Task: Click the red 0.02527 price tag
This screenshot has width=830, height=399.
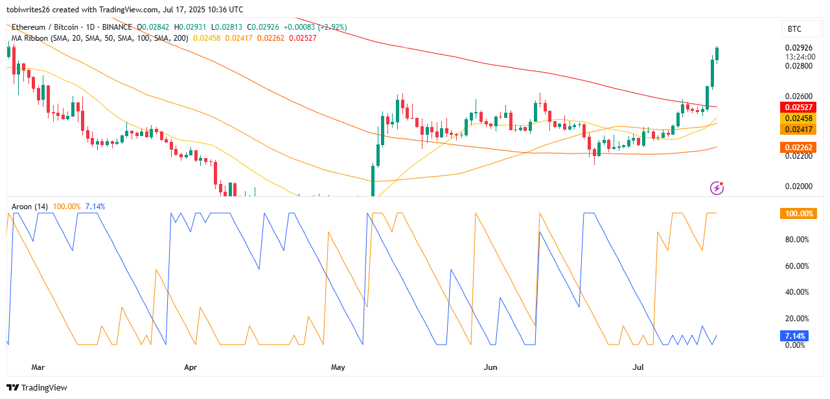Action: pos(797,107)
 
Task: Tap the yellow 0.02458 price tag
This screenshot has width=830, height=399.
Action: pos(797,119)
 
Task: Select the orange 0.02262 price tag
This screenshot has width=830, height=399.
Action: pos(797,148)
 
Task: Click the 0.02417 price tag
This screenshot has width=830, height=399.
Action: pos(797,130)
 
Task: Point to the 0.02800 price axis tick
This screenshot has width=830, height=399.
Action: pos(797,66)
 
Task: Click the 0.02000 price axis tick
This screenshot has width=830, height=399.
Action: pos(797,187)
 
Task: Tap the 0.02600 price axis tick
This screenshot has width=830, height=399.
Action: pos(797,97)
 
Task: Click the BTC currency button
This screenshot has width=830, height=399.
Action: pos(794,28)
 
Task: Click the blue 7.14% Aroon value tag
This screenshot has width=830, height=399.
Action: pos(794,336)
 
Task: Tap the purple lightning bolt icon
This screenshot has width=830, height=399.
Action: pos(717,188)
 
